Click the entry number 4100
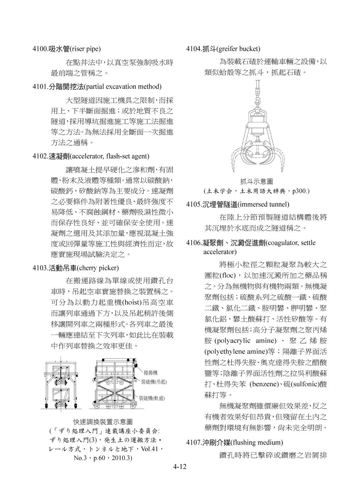[40, 48]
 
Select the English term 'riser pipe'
[85, 48]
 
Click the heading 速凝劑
[59, 156]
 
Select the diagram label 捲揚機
[150, 372]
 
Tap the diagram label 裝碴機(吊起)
[154, 382]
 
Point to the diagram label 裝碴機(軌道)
[152, 399]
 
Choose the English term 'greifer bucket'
[239, 48]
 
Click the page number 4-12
[180, 467]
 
